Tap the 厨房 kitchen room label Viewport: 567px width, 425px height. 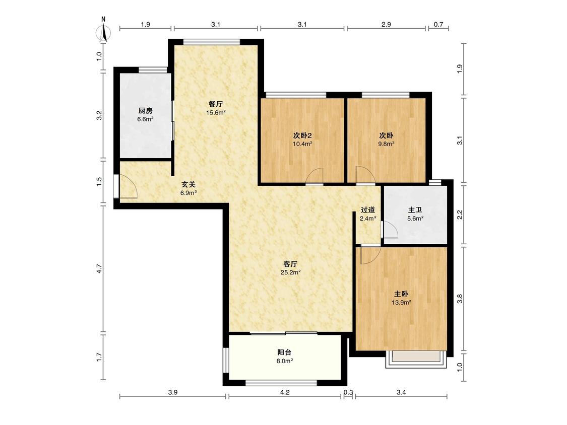145,111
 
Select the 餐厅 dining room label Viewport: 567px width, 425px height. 216,104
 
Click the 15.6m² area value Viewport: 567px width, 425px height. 216,113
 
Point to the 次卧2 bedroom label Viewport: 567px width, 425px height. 302,135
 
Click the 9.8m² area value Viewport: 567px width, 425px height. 386,144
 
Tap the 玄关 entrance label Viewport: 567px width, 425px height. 188,184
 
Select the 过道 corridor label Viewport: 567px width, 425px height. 368,209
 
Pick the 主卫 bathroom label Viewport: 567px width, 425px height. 415,209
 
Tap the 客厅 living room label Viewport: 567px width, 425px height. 290,264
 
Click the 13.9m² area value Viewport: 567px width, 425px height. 401,303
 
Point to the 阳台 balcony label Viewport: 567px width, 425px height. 285,352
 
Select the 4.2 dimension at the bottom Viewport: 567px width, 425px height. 285,392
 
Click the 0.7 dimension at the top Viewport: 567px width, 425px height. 438,25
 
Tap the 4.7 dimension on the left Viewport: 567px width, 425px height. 100,269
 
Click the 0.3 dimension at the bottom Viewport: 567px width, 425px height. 348,392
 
